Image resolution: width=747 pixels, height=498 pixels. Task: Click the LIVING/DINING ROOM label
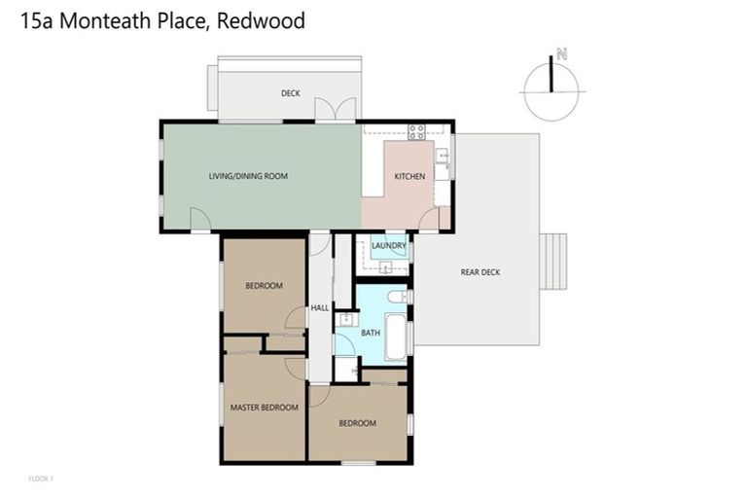tap(248, 176)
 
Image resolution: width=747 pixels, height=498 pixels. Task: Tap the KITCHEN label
tap(409, 176)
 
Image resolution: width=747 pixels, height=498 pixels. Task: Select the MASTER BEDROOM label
tap(264, 408)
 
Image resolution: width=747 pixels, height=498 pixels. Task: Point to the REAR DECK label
tap(480, 272)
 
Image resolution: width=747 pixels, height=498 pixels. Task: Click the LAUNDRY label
tap(388, 246)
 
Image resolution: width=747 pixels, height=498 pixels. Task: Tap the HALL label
tap(319, 308)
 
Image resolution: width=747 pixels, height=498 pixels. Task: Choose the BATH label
tap(371, 333)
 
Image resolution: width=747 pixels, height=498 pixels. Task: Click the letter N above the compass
tap(560, 54)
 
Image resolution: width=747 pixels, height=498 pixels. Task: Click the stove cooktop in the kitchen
tap(417, 132)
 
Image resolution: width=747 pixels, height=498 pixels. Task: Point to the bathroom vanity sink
tap(345, 318)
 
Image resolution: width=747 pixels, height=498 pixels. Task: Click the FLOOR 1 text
tap(41, 479)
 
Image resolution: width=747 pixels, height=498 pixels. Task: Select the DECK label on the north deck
tap(290, 93)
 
